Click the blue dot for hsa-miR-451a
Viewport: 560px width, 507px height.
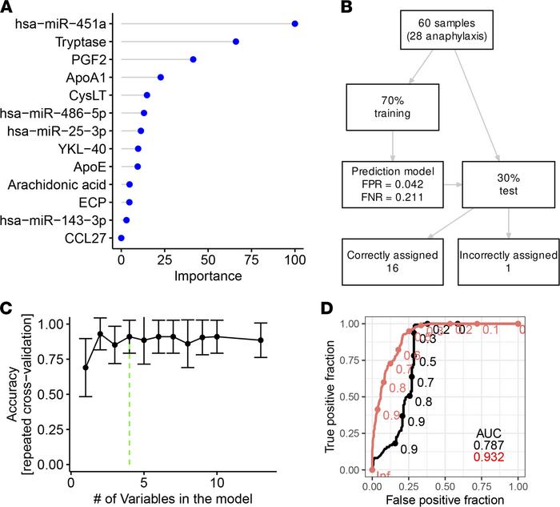(x=295, y=24)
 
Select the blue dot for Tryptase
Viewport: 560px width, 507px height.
(x=235, y=42)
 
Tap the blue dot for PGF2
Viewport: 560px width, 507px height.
(x=193, y=59)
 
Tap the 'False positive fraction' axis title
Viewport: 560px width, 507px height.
(x=444, y=499)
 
